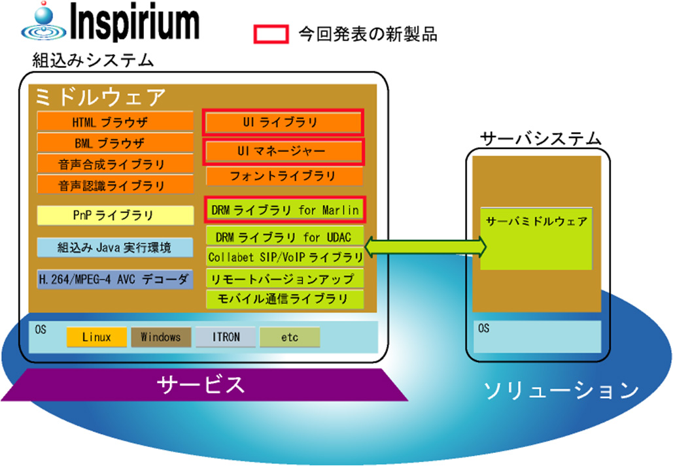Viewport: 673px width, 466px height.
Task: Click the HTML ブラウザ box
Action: point(115,122)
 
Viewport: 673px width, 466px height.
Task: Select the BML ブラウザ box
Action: point(115,142)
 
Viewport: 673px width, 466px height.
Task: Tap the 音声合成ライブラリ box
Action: point(115,163)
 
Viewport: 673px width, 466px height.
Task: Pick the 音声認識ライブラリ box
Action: point(115,185)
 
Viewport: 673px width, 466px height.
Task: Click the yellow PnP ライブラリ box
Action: point(115,215)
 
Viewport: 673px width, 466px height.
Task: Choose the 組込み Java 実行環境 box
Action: point(115,248)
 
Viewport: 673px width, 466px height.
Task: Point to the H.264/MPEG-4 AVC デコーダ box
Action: point(115,279)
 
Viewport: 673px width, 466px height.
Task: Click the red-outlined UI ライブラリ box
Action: point(283,122)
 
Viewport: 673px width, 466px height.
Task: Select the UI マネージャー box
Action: point(283,151)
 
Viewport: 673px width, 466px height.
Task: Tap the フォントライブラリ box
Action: point(283,176)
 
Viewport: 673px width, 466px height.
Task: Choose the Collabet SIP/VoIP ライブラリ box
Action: point(285,257)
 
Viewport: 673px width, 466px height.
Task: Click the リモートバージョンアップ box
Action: point(285,278)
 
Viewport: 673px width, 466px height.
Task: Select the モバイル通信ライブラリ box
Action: point(285,299)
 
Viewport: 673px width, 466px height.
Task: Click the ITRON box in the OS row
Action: point(226,337)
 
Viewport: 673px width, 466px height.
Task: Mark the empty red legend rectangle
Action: point(271,34)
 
